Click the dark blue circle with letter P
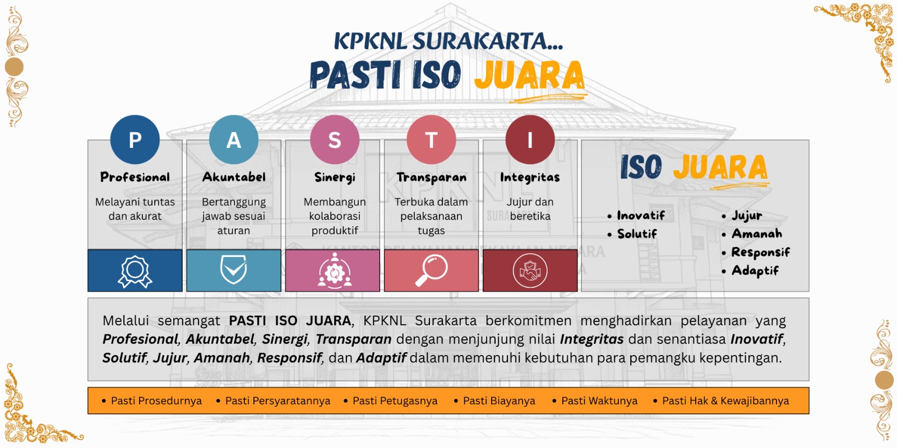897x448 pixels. click(135, 139)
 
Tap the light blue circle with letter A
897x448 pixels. click(234, 139)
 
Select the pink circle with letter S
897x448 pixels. click(335, 139)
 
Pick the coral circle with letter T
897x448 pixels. click(431, 139)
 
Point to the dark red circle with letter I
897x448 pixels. click(530, 139)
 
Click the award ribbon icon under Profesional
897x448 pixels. click(135, 272)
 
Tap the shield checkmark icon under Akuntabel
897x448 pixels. click(233, 269)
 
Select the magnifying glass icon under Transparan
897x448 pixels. click(431, 270)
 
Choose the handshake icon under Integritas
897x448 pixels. click(530, 271)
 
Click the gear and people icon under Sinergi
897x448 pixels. click(335, 270)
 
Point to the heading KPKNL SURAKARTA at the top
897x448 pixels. click(449, 41)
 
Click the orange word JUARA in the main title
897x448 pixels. click(529, 76)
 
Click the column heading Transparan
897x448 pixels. click(431, 177)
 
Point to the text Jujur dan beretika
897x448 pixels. click(530, 209)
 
